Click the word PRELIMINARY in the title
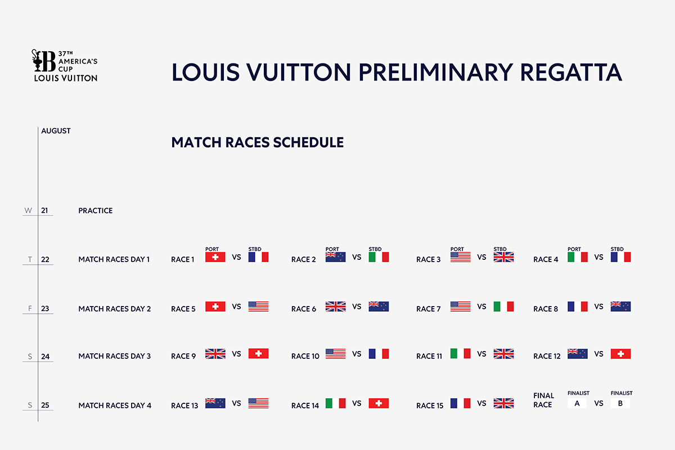click(436, 73)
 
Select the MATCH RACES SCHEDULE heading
click(258, 142)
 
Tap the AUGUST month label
click(56, 131)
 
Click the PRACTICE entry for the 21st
click(95, 211)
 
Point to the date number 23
click(45, 309)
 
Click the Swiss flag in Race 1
click(215, 257)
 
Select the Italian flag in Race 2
click(379, 257)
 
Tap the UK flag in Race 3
click(503, 257)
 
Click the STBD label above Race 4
click(617, 249)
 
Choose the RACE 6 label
click(303, 309)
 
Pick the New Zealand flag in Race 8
click(620, 307)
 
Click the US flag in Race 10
click(335, 354)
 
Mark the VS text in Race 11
click(481, 354)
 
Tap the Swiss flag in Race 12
click(620, 354)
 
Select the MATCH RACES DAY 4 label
click(115, 406)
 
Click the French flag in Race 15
click(460, 403)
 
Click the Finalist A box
click(577, 403)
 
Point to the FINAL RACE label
click(543, 400)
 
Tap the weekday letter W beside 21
click(28, 210)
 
